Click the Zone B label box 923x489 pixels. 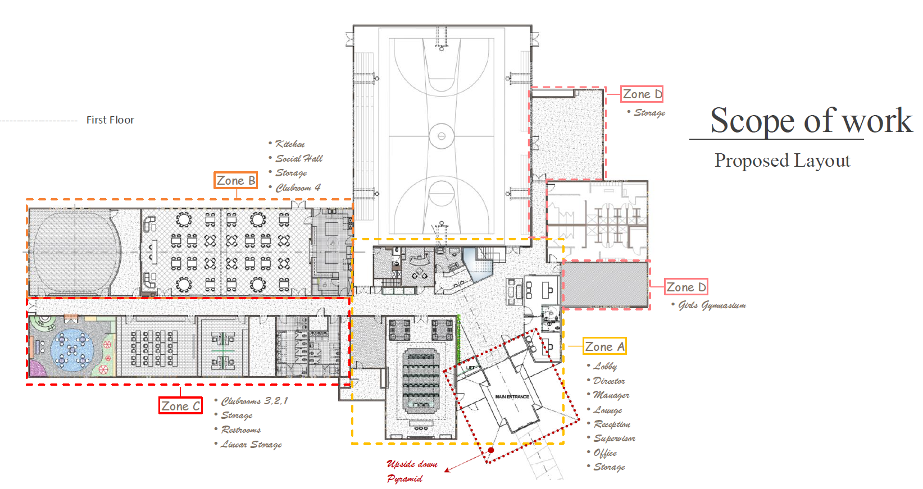[x=236, y=180]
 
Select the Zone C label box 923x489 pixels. [x=180, y=406]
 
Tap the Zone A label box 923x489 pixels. [x=604, y=346]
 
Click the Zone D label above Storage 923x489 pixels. [x=642, y=94]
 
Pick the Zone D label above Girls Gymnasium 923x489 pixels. [x=686, y=287]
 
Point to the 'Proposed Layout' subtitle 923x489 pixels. [x=782, y=161]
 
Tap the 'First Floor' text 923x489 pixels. [x=110, y=120]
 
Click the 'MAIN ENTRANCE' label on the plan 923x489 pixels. [x=512, y=397]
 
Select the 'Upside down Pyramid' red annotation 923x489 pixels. [x=412, y=471]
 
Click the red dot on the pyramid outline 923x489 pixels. [x=491, y=450]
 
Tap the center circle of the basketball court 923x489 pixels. [x=442, y=136]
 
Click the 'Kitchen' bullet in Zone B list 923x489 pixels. [x=287, y=144]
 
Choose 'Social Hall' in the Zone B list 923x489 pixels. [x=295, y=158]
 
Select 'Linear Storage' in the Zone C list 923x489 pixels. [x=248, y=444]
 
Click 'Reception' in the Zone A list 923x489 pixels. [x=608, y=424]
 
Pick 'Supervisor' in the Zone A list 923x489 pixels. [x=611, y=438]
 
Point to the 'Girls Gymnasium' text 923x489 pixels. [x=709, y=305]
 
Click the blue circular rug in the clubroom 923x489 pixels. [x=72, y=349]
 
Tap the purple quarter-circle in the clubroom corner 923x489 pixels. [x=37, y=369]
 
